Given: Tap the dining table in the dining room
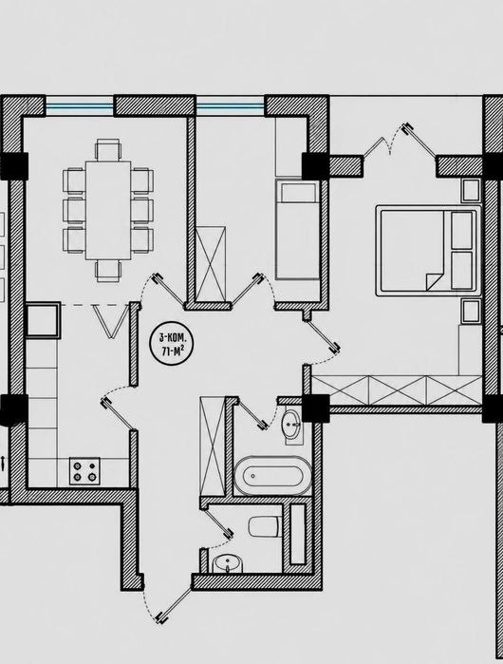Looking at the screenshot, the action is [x=108, y=210].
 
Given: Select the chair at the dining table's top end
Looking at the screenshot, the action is [x=108, y=149].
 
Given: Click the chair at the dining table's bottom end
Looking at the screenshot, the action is [x=108, y=271].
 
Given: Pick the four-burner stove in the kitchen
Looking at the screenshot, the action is [x=84, y=471].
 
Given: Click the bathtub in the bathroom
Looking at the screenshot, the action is [x=273, y=476].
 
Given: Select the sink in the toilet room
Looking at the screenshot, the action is [x=228, y=563].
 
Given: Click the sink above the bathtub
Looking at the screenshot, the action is [x=292, y=425].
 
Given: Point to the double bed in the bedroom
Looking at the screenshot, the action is [x=429, y=251].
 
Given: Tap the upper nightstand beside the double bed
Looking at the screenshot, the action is [x=471, y=190].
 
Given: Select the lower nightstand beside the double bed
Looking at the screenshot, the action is [x=471, y=312].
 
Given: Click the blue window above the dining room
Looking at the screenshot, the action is [x=80, y=105].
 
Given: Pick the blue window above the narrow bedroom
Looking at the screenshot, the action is [x=231, y=105].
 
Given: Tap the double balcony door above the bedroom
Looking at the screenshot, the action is [x=401, y=141].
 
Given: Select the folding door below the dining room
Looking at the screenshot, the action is [x=111, y=321].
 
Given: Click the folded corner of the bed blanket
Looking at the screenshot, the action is [x=433, y=281].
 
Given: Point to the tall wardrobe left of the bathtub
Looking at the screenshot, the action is [x=213, y=446].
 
